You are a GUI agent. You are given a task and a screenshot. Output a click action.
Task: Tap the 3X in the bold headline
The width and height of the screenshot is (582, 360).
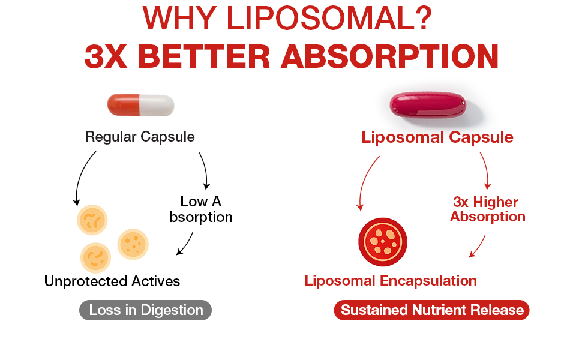click(x=106, y=57)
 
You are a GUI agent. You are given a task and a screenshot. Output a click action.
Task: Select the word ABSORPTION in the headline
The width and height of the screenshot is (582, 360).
click(x=390, y=57)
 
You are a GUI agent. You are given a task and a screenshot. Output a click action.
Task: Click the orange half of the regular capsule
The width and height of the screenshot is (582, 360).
click(x=124, y=104)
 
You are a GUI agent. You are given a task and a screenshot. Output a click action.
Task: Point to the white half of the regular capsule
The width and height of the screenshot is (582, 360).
click(x=157, y=105)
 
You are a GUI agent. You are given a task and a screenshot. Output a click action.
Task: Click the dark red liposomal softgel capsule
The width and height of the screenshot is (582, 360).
click(x=428, y=105)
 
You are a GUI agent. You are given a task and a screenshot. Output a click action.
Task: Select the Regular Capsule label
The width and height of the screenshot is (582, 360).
click(x=140, y=137)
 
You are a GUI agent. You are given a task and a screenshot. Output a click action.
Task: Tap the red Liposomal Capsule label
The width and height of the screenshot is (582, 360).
click(x=437, y=137)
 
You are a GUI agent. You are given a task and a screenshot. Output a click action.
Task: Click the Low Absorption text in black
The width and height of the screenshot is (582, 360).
click(x=201, y=209)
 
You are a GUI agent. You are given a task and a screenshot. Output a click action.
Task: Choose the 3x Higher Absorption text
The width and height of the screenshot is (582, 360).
click(x=488, y=209)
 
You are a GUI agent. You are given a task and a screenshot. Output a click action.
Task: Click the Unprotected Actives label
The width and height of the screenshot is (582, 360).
click(x=112, y=281)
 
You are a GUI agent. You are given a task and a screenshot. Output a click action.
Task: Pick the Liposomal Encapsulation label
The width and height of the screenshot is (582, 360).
click(x=391, y=281)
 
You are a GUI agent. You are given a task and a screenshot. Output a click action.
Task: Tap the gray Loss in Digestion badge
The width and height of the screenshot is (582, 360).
click(x=145, y=310)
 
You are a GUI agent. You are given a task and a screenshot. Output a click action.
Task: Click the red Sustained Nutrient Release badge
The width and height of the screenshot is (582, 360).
click(x=431, y=310)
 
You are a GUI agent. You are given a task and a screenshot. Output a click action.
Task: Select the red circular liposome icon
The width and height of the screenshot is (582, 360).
click(x=383, y=242)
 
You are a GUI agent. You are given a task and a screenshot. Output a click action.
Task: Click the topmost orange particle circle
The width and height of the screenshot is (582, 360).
click(x=92, y=220)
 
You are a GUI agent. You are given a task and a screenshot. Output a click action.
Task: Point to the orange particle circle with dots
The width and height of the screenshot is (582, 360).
click(x=133, y=244)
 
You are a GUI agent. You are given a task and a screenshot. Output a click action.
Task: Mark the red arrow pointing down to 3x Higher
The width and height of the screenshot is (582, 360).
click(x=486, y=170)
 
